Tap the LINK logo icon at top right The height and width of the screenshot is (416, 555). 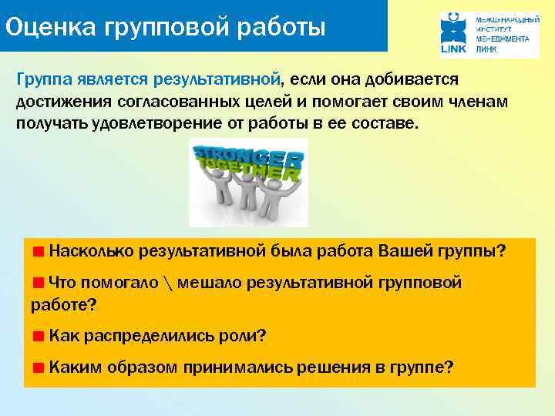(455, 33)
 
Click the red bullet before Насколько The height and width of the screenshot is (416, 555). (38, 251)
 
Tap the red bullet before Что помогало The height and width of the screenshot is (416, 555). (38, 283)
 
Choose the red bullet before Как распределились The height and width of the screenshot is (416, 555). (38, 337)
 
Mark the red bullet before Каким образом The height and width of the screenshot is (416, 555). (38, 367)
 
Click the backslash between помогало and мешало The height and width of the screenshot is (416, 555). (168, 283)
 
